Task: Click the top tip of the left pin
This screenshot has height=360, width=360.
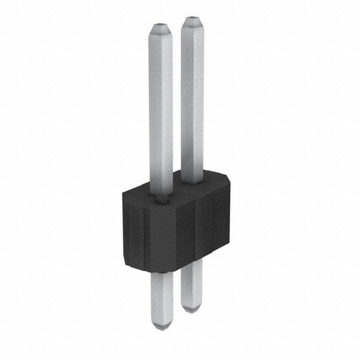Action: click(161, 26)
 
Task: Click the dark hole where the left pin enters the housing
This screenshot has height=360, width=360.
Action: click(162, 198)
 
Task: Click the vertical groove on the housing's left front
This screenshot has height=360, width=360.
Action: click(144, 236)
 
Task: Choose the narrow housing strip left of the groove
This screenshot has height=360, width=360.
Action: click(134, 231)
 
